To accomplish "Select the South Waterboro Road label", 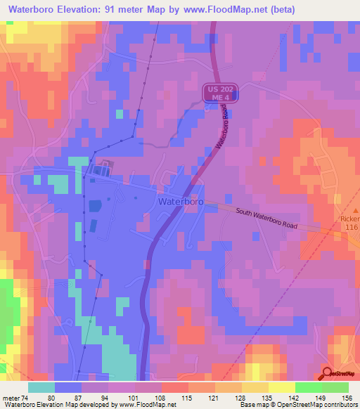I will tap(266, 219).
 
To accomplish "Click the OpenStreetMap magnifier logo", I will tap(328, 374).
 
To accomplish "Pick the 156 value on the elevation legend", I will tap(348, 398).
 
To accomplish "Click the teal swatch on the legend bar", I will tap(41, 387).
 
